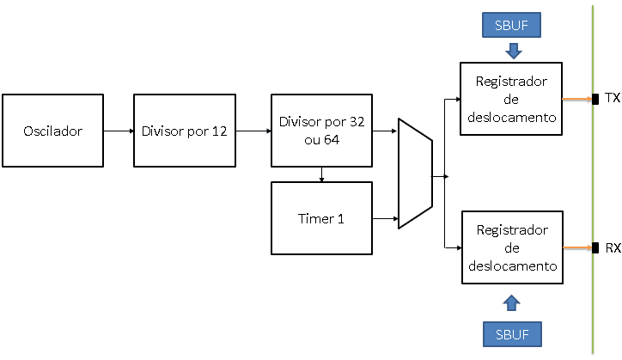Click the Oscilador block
[52, 131]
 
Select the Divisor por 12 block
[184, 131]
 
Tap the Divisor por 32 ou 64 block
[321, 131]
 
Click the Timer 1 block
[321, 218]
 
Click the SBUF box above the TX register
[513, 25]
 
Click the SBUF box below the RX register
[512, 332]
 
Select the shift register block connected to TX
[511, 98]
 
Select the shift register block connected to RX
[511, 247]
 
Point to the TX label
[612, 98]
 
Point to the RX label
[613, 248]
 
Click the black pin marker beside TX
[595, 99]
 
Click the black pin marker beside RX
[595, 248]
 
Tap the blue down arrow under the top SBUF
[513, 51]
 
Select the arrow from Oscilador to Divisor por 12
[118, 131]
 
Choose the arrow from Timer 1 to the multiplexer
[385, 219]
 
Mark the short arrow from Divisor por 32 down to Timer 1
[321, 174]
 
